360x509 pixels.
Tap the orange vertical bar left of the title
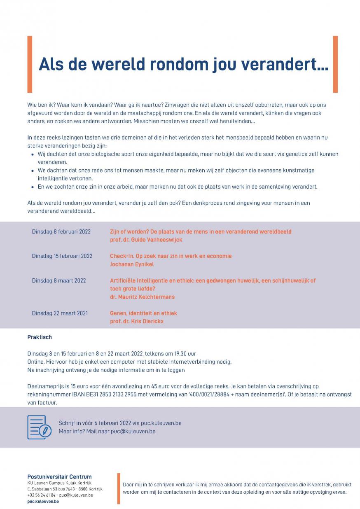coord(30,64)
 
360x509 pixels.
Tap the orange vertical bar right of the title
coord(335,64)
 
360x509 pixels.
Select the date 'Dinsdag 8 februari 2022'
coord(61,232)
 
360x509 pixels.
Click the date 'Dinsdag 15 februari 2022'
coord(62,256)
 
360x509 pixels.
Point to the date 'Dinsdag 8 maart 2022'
coord(59,281)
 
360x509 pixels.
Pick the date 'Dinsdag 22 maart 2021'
coord(60,313)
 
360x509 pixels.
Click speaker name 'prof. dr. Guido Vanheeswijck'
coord(146,240)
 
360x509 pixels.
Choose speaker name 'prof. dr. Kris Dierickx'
coord(137,321)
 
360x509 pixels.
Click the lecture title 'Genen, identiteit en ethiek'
coord(143,313)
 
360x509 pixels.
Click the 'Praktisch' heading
coord(40,337)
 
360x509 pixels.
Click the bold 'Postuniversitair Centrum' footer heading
coord(59,477)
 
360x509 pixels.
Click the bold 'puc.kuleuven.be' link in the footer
coord(43,502)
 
